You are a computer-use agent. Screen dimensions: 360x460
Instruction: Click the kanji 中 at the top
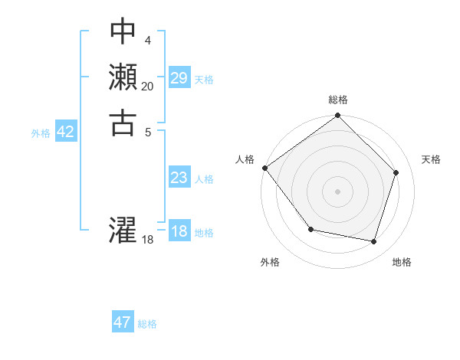[123, 31]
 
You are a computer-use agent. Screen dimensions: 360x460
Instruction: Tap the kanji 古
[123, 123]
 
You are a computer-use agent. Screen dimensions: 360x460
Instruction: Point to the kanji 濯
[123, 230]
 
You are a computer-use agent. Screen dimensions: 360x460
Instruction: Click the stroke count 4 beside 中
[147, 40]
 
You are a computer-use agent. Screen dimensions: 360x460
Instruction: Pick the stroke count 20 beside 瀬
[147, 86]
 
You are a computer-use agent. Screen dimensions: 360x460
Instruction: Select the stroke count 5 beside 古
[147, 131]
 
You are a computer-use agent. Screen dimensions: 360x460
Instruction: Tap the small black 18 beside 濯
[148, 240]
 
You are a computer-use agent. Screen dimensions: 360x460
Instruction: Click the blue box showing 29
[179, 77]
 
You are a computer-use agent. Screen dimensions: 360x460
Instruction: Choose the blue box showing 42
[66, 132]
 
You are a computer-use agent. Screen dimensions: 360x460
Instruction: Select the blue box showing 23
[179, 178]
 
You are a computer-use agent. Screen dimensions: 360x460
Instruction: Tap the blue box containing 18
[179, 231]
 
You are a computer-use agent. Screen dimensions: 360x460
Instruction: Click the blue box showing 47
[123, 322]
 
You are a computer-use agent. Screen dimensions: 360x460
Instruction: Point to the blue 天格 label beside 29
[204, 79]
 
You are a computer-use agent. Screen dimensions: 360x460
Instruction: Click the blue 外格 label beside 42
[41, 133]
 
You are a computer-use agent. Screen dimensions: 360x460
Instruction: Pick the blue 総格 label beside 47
[147, 324]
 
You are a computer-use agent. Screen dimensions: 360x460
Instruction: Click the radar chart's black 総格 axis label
[338, 100]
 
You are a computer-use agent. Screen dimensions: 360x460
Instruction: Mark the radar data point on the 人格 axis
[264, 168]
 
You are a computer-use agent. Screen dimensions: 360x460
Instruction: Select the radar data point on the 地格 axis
[373, 241]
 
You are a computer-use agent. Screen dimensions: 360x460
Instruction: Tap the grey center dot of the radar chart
[338, 191]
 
